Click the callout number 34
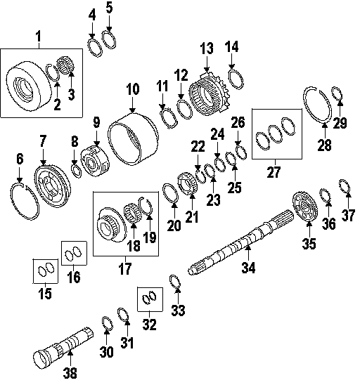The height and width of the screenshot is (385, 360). point(248,268)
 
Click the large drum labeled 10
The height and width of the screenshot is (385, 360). point(133,139)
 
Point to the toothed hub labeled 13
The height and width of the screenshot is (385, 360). point(210,93)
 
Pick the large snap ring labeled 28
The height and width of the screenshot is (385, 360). point(317,105)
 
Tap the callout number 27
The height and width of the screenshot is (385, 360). point(274,172)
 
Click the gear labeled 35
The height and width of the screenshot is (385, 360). point(305,207)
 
